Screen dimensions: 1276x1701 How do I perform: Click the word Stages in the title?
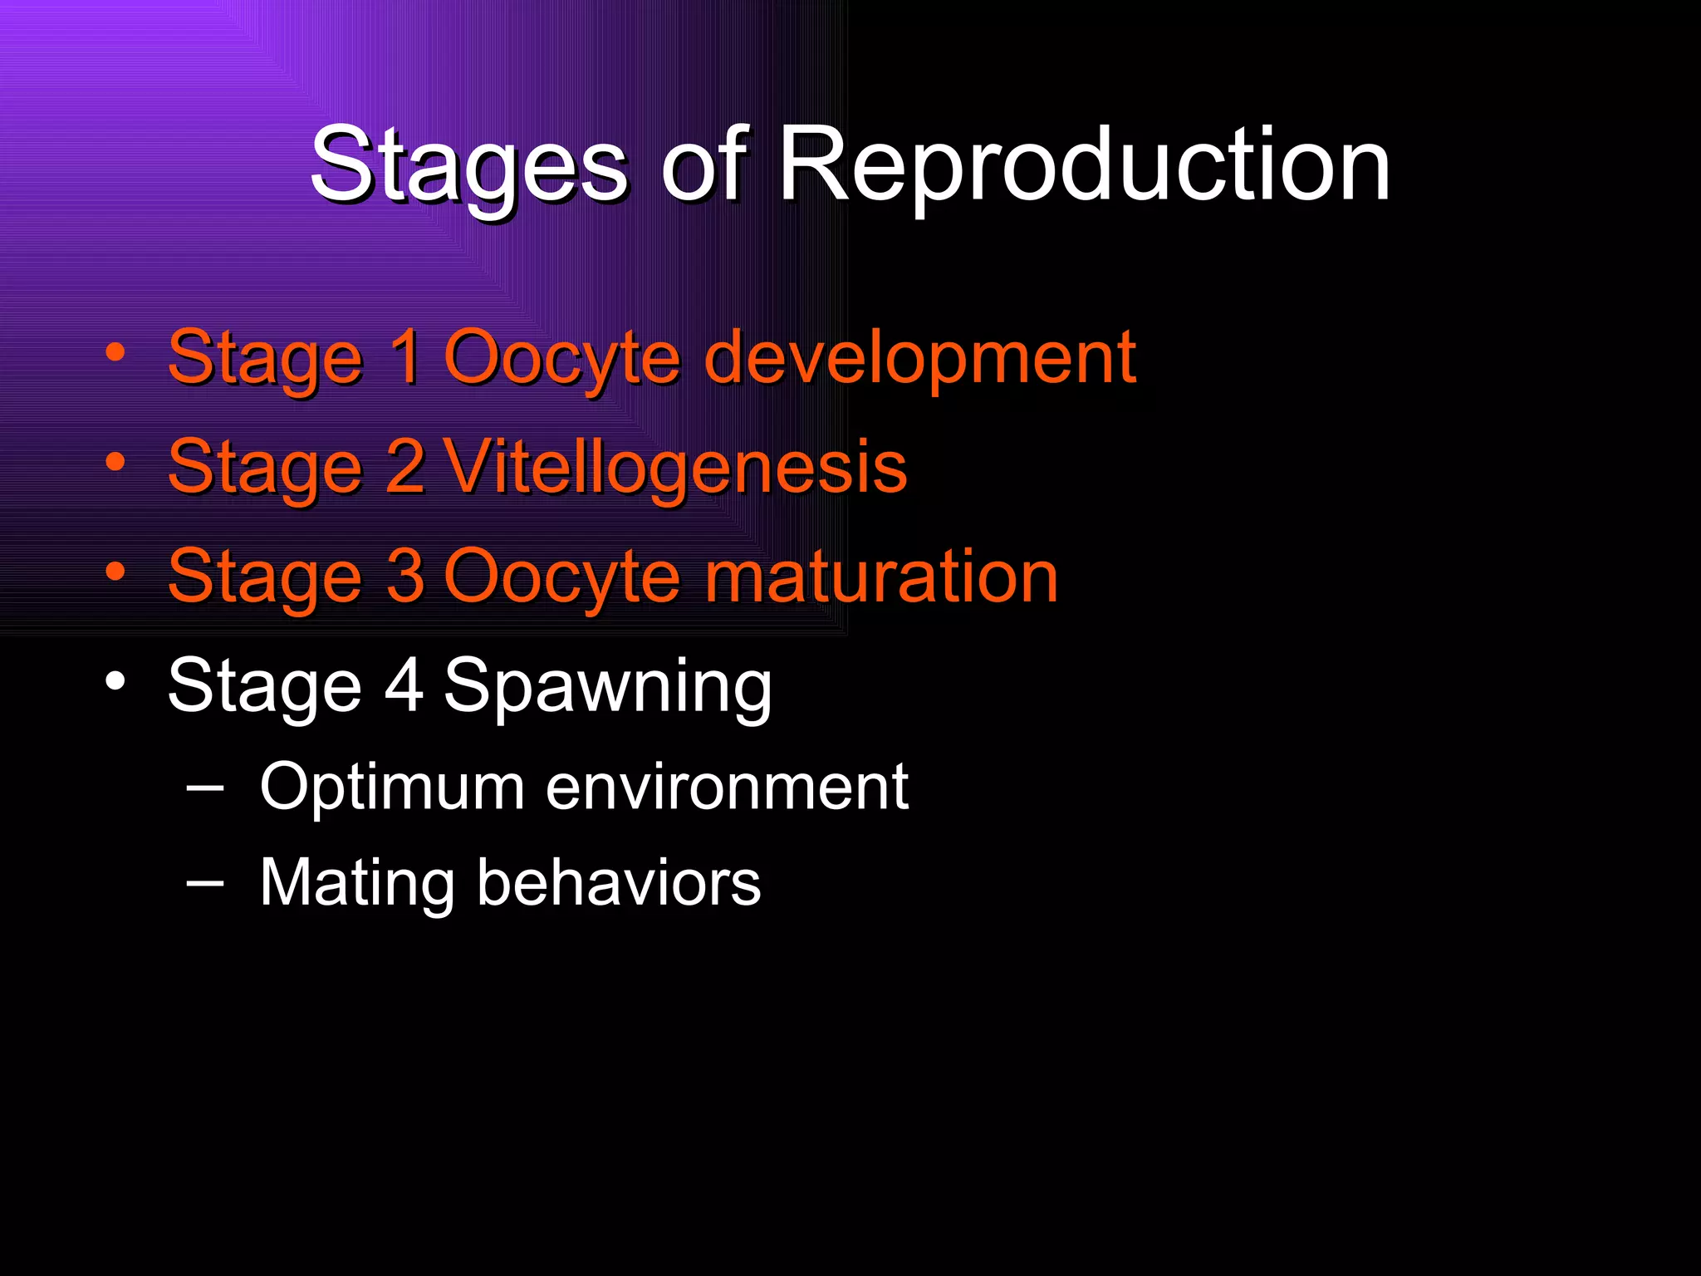click(x=469, y=166)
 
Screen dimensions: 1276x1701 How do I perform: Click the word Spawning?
click(x=607, y=686)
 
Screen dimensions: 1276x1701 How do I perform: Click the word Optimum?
click(x=392, y=788)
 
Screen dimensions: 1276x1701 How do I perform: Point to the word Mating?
click(x=356, y=882)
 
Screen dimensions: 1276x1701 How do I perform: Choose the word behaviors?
click(x=619, y=881)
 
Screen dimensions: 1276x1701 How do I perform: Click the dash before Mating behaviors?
click(x=205, y=882)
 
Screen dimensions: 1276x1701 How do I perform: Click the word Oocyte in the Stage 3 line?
click(x=562, y=577)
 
